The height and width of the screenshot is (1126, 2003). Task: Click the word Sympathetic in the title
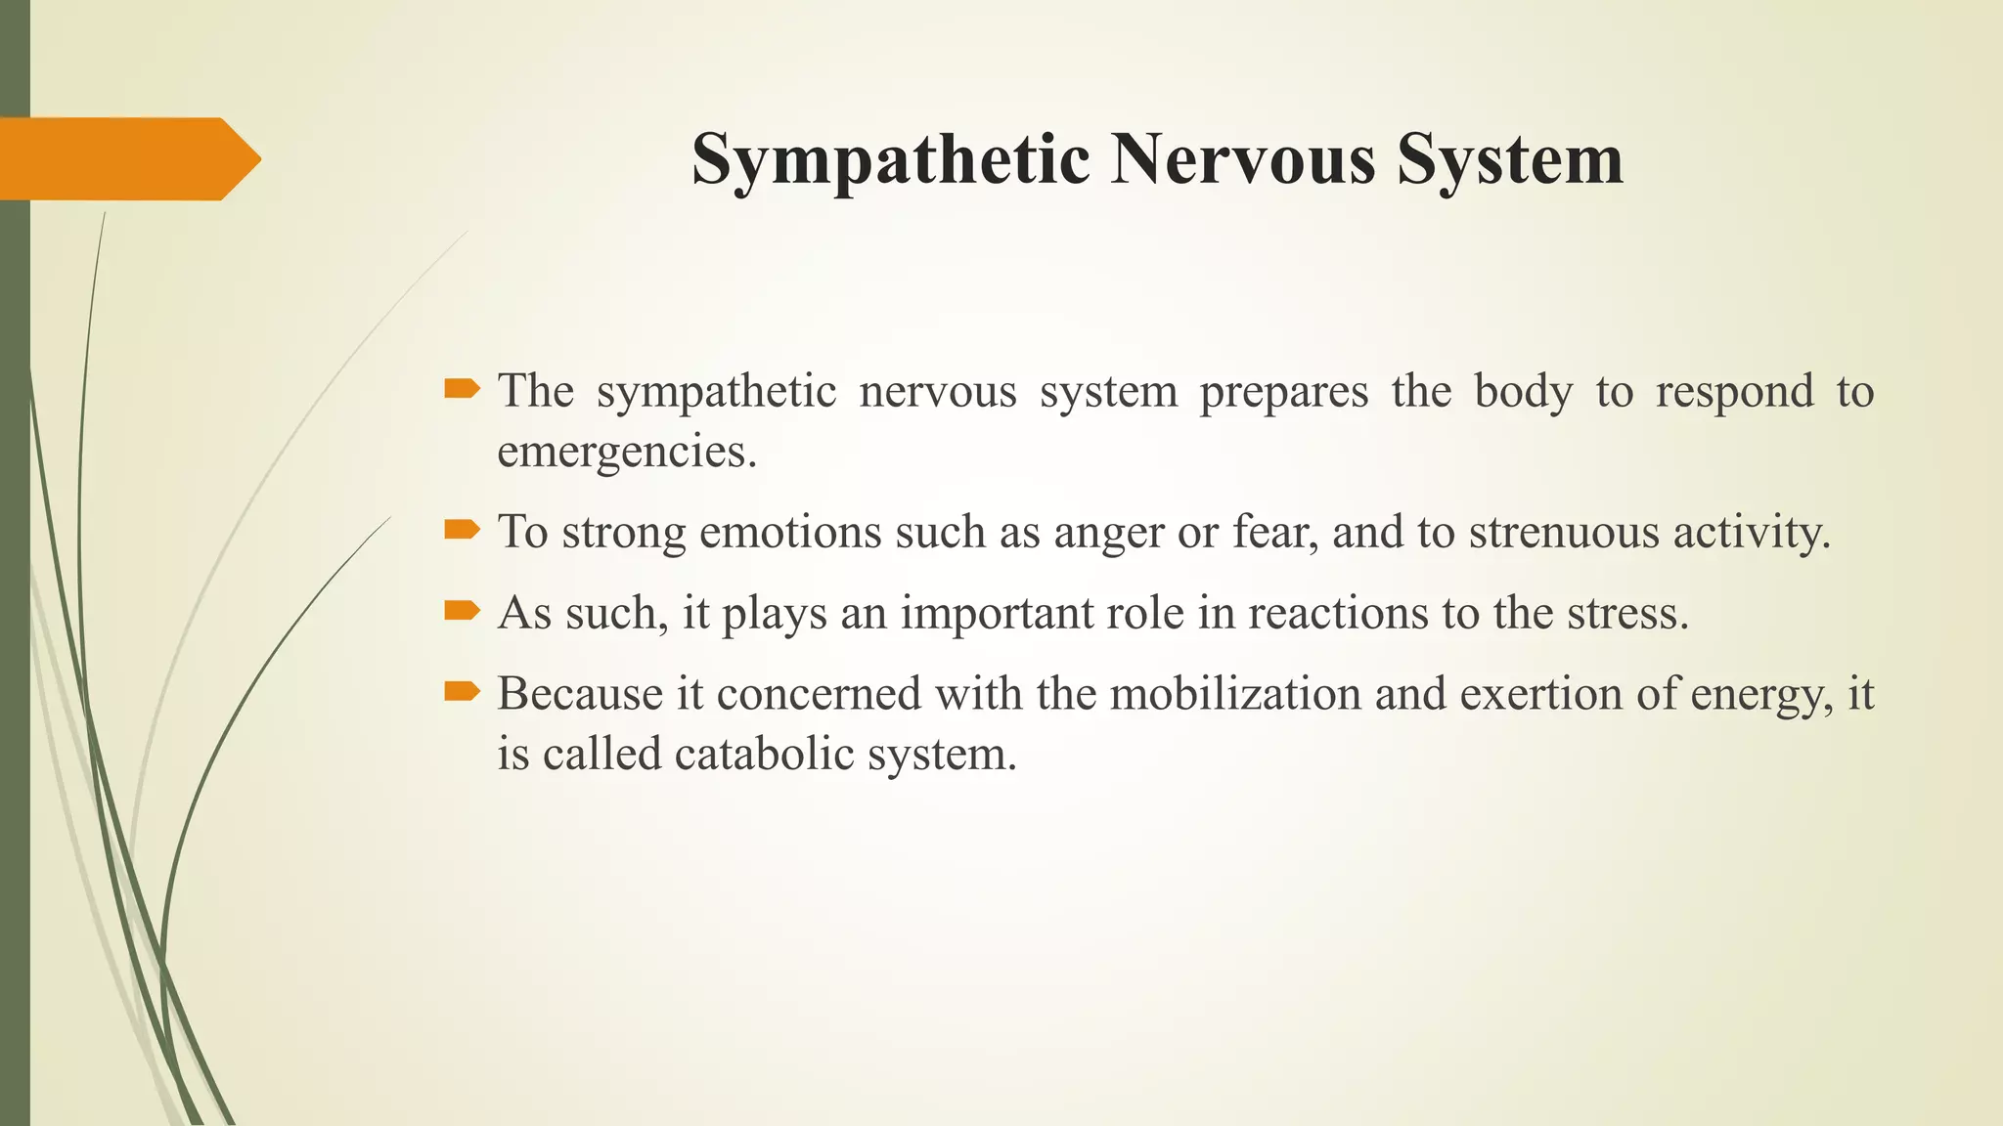[x=890, y=159]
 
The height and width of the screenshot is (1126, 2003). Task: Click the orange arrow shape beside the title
[x=127, y=158]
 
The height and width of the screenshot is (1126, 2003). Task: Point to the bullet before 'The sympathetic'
[x=462, y=390]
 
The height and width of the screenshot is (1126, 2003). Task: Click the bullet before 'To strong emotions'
[x=462, y=531]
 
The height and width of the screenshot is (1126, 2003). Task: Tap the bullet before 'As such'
[x=462, y=612]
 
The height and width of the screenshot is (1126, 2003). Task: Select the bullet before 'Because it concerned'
[x=462, y=693]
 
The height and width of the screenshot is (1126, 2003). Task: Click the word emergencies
[x=627, y=452]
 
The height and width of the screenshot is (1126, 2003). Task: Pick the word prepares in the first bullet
[x=1284, y=392]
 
